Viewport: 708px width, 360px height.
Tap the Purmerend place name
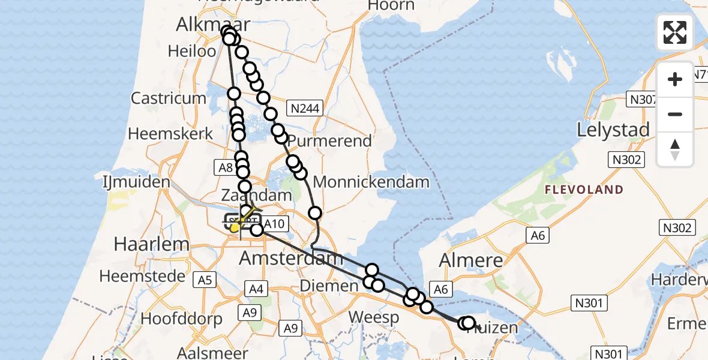tap(329, 142)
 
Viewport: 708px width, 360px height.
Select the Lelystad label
tap(613, 130)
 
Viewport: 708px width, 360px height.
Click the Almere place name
tap(470, 260)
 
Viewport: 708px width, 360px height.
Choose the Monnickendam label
tap(371, 182)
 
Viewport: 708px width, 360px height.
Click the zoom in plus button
tap(675, 79)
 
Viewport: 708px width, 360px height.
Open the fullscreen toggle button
tap(675, 32)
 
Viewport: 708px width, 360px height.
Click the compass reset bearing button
tap(675, 149)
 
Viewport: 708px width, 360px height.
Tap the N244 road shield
tap(305, 108)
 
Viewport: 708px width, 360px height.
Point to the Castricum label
tap(165, 98)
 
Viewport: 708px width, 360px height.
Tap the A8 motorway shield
tap(226, 168)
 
